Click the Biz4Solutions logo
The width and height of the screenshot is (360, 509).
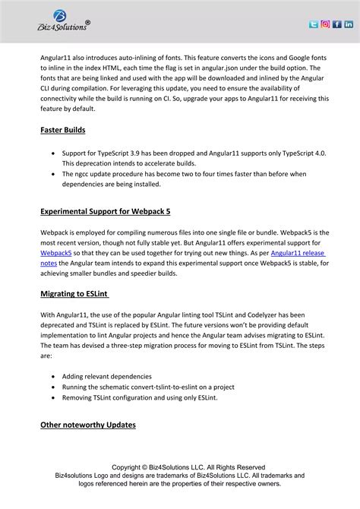(x=64, y=22)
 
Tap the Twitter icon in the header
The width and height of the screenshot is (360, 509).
(x=313, y=24)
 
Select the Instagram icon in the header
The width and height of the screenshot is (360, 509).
(x=325, y=24)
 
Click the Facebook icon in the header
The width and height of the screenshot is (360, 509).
(x=336, y=24)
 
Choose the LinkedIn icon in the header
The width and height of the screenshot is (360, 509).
(x=349, y=24)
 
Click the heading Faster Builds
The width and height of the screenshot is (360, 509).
(x=63, y=130)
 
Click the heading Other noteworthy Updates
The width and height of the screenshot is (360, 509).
(x=87, y=425)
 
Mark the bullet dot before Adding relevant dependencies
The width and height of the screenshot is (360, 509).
(x=52, y=376)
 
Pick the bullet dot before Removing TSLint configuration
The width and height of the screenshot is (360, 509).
(x=52, y=397)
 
